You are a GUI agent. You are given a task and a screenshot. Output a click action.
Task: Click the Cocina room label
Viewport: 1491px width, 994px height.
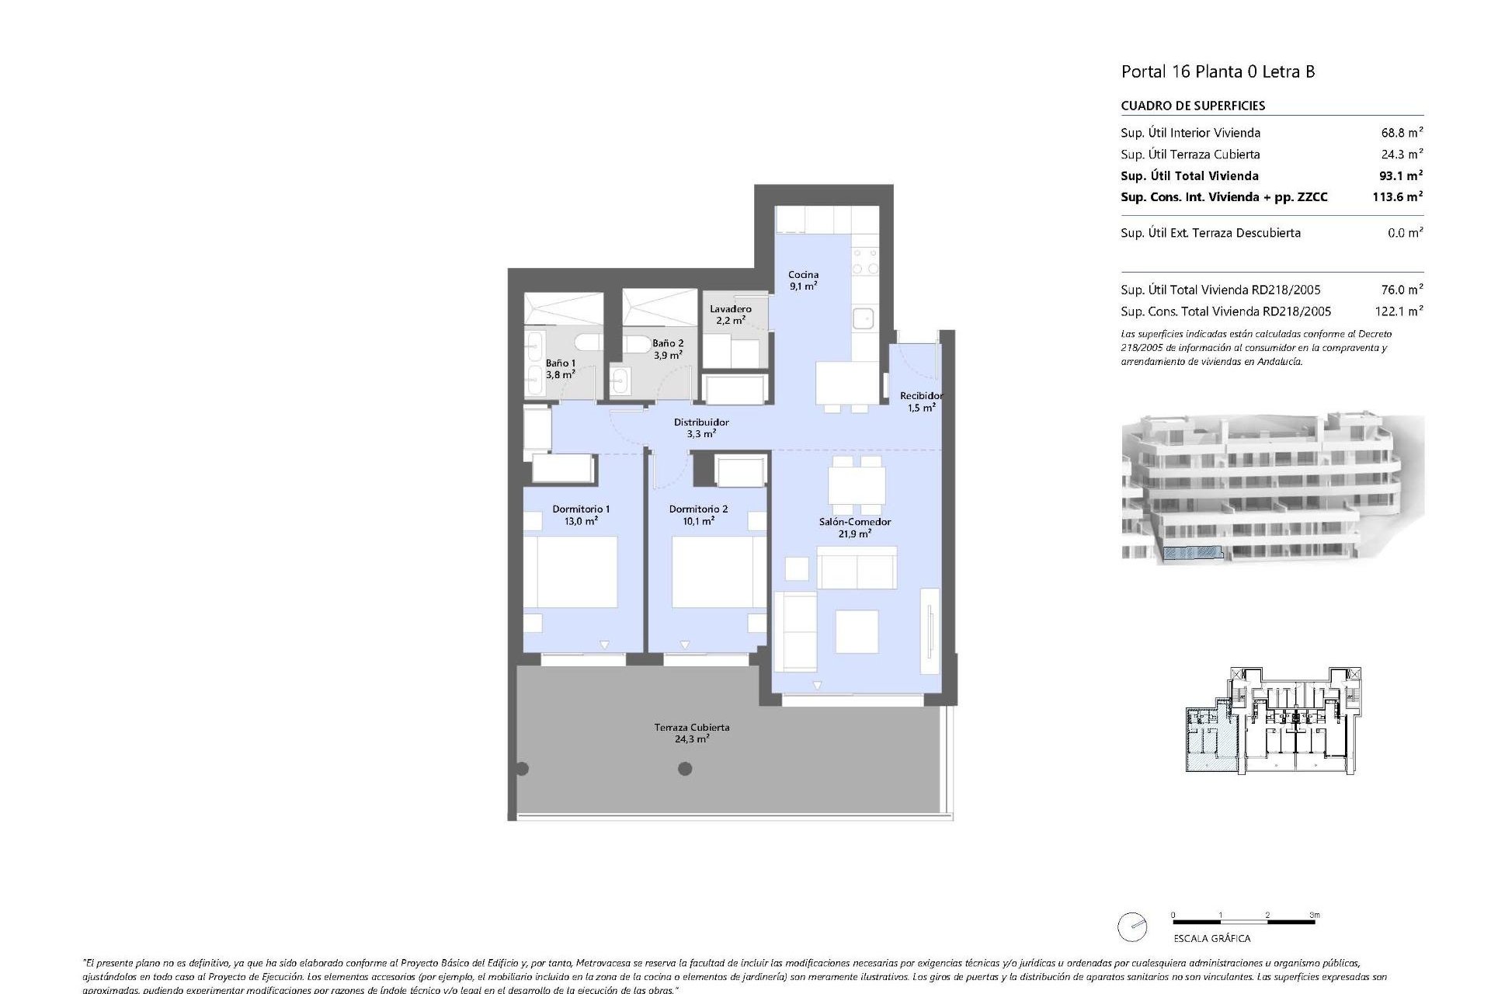pos(803,280)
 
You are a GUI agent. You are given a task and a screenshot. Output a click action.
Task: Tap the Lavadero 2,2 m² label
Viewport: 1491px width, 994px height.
pos(730,315)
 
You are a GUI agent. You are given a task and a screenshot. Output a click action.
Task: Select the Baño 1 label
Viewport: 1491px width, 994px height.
pos(560,368)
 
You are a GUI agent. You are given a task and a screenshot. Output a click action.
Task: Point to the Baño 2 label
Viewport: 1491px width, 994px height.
pos(667,349)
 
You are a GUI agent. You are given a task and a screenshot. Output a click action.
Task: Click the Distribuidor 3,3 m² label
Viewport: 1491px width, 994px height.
pos(700,428)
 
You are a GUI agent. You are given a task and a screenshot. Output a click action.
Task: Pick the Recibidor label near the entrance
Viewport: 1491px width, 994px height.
pos(921,401)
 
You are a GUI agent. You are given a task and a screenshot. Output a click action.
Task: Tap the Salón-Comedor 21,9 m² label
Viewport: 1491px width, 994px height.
pos(854,527)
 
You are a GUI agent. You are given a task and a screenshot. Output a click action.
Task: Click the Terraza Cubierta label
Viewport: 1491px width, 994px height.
pos(691,733)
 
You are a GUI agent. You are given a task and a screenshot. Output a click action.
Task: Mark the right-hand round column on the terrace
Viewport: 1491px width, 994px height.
pos(685,769)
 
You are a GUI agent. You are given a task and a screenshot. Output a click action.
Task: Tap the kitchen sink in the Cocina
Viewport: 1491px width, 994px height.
pos(862,318)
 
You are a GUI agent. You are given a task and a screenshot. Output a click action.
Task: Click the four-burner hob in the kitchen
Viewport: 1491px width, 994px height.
pos(864,261)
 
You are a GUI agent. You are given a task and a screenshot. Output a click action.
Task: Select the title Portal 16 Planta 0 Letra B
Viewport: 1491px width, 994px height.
pos(1217,71)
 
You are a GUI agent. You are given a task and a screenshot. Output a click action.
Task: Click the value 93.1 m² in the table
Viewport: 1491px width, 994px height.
pos(1397,176)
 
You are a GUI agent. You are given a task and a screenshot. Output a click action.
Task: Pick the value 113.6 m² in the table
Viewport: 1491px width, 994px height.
pos(1397,197)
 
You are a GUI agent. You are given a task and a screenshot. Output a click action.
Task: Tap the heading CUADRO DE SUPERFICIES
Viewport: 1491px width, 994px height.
pos(1193,106)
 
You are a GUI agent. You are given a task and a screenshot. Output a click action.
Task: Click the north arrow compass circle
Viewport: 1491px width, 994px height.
pos(1132,926)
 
